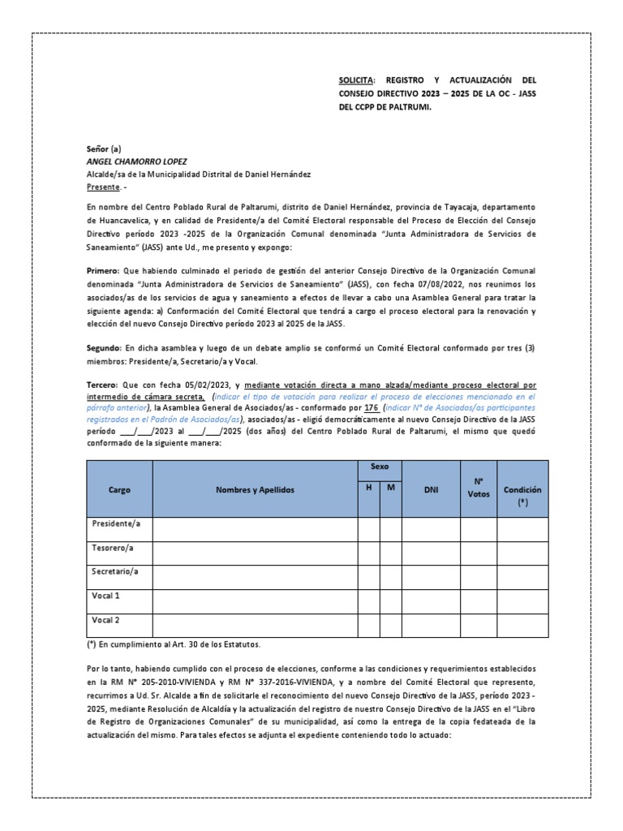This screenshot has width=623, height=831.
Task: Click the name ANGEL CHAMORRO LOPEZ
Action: click(x=136, y=161)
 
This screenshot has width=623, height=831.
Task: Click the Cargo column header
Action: click(x=119, y=489)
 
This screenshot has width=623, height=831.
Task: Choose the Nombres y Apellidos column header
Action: click(x=255, y=489)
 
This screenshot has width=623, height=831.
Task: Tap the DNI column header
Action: click(x=431, y=489)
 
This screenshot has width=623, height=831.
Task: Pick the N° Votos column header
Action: click(x=479, y=489)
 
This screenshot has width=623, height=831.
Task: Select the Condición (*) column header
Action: click(x=522, y=496)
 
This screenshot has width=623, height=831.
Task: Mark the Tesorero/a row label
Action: click(x=113, y=549)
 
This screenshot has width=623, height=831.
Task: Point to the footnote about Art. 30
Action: click(x=175, y=644)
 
